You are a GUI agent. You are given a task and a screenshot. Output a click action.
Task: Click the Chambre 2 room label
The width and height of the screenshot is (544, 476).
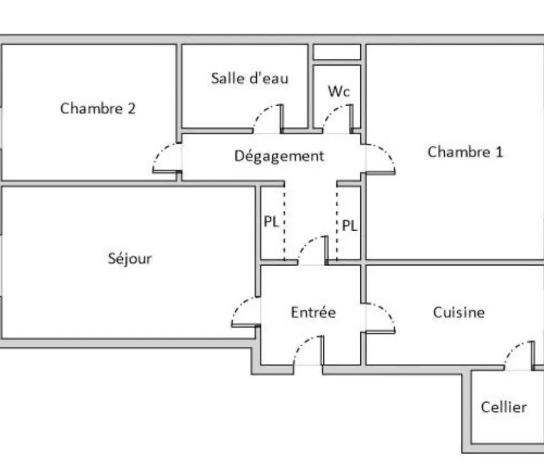pos(98,109)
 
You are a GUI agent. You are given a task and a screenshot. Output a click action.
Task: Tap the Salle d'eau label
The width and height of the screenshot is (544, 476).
pos(249,78)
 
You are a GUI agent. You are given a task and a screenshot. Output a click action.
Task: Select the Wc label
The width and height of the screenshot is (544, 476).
pos(339,92)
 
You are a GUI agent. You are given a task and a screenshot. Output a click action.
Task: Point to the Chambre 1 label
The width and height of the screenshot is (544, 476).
pos(465,152)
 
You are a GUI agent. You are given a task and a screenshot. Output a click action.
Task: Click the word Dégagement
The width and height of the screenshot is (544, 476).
pos(279,156)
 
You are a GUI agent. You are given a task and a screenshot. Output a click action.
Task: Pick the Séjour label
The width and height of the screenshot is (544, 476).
pos(130,259)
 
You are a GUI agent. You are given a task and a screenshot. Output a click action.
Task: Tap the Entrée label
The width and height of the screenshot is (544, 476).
pos(313,312)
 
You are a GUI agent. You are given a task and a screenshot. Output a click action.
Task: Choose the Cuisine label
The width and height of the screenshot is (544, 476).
pos(459,312)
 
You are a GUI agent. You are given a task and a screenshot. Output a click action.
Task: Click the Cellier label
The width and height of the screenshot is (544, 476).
pos(504,407)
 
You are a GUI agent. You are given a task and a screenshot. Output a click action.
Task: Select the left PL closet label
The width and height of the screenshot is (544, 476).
pos(271,222)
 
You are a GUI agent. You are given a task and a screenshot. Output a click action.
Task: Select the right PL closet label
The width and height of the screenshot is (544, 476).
pos(350,225)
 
